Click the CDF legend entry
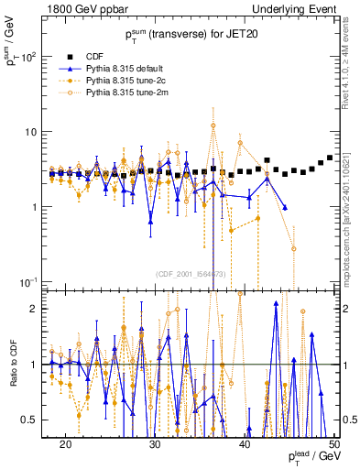(96, 54)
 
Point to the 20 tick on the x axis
(65, 444)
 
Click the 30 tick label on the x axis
(155, 444)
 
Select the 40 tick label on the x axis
(245, 444)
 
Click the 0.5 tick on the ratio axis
(35, 420)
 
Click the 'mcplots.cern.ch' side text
(352, 211)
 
